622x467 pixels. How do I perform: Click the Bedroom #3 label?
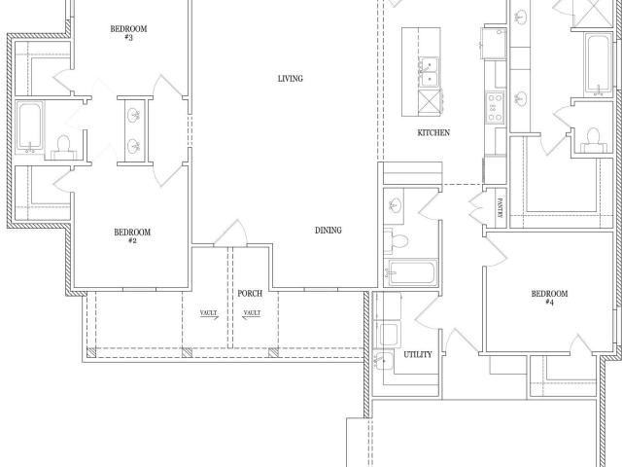(x=128, y=33)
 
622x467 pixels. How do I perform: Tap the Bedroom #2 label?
(x=132, y=235)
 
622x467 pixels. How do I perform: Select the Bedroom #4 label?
(x=549, y=298)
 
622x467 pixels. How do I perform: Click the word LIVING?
(x=291, y=79)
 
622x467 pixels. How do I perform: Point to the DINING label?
(x=328, y=231)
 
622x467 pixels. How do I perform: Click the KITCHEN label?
(x=433, y=132)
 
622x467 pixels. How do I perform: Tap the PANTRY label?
(x=500, y=208)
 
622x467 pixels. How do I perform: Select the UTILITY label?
(x=418, y=354)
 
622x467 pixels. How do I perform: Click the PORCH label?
(x=250, y=294)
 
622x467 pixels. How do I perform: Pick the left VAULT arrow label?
(x=209, y=315)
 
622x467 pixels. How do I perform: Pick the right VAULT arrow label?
(x=252, y=315)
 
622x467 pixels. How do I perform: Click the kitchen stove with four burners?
(x=495, y=107)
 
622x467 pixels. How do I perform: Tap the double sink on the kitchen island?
(x=430, y=71)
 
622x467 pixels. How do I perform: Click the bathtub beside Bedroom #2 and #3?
(x=30, y=127)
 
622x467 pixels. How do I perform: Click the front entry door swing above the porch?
(x=231, y=233)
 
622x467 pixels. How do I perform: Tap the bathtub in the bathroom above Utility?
(x=411, y=272)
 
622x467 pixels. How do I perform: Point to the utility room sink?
(x=384, y=361)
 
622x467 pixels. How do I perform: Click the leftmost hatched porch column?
(x=91, y=352)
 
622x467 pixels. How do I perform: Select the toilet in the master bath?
(x=594, y=139)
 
